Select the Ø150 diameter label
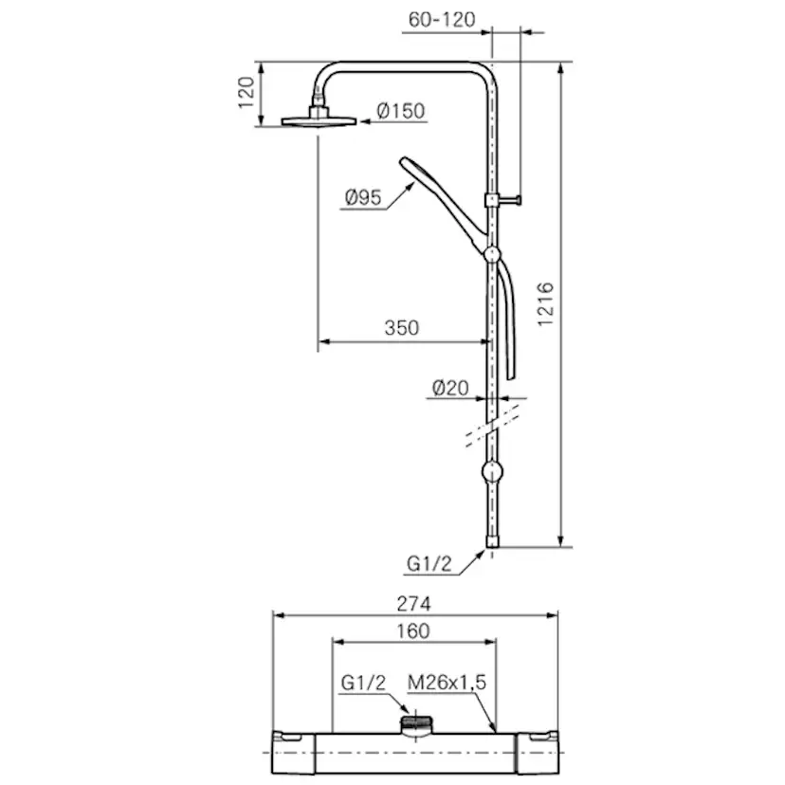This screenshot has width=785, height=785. [x=401, y=111]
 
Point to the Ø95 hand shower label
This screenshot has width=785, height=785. [x=363, y=198]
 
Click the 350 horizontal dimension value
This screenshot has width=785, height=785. [x=401, y=328]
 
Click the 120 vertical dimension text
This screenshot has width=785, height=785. [x=245, y=93]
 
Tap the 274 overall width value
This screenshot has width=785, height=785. [x=413, y=603]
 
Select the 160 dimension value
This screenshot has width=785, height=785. [x=413, y=630]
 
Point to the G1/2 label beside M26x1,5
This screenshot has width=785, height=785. [x=364, y=682]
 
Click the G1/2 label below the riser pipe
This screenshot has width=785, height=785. [x=428, y=564]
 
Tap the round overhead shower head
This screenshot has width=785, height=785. [x=319, y=120]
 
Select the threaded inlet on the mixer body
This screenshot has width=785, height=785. [x=413, y=723]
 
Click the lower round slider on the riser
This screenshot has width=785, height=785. [x=492, y=471]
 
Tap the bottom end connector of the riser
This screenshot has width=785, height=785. [x=492, y=543]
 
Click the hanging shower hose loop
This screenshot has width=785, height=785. [x=512, y=322]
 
